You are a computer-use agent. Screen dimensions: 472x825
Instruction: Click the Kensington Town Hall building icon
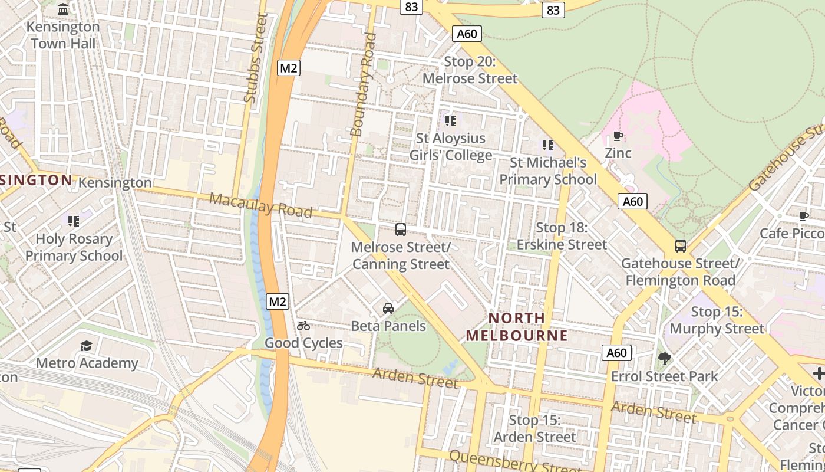pos(63,9)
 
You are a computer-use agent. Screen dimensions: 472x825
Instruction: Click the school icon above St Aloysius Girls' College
pos(451,121)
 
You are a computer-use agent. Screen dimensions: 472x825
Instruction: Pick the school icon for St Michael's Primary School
pos(548,145)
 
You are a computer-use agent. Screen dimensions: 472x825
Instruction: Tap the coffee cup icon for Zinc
pos(618,136)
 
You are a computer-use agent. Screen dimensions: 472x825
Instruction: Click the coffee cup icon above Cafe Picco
pos(803,216)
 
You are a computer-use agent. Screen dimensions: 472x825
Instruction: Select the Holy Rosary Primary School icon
pos(74,221)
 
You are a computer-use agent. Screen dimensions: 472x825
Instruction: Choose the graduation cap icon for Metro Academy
pos(87,346)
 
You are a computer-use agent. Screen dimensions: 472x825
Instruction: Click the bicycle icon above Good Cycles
pos(303,326)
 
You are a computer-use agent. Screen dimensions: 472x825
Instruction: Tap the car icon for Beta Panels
pos(388,308)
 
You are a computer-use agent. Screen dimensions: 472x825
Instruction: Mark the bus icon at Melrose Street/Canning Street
pos(401,230)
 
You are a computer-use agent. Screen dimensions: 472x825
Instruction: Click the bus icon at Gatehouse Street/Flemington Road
pos(681,246)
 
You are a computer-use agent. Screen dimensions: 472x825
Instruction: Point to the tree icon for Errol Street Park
pos(665,359)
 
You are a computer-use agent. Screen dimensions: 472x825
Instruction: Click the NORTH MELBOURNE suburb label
pos(517,327)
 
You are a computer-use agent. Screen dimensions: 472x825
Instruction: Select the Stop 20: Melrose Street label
pos(470,70)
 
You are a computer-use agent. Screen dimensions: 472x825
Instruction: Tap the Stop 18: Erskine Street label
pos(562,236)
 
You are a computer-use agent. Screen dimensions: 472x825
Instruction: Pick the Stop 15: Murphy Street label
pos(717,320)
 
